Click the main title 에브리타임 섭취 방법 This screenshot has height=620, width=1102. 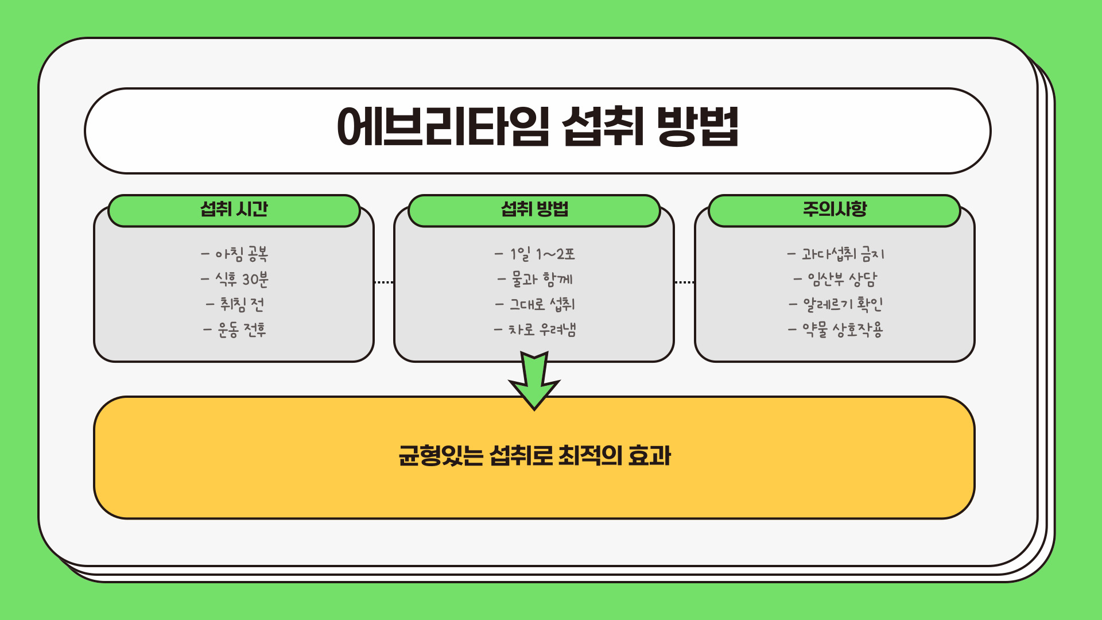click(x=537, y=127)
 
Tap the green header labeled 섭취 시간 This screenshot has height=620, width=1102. click(x=234, y=210)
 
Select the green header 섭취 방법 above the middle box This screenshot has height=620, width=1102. click(x=534, y=210)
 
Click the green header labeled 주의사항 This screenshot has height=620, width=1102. click(x=835, y=210)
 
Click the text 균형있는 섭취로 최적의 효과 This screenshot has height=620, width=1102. click(x=534, y=456)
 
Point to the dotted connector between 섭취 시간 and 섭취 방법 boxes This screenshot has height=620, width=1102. click(x=383, y=282)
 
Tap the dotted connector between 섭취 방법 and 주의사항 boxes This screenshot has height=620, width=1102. click(x=684, y=282)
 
